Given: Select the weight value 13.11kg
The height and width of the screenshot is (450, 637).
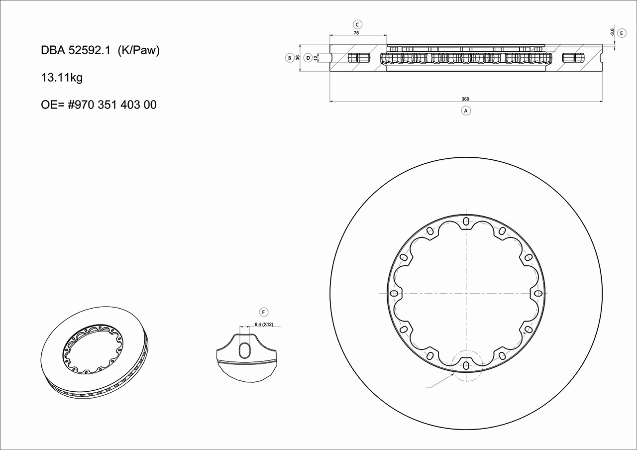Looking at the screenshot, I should [62, 78].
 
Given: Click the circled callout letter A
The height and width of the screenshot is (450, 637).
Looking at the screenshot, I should [466, 111].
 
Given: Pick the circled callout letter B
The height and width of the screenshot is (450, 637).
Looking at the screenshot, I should [289, 58].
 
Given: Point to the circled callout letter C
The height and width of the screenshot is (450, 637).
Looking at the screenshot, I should [357, 24].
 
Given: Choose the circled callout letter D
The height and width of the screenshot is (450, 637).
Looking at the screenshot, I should [308, 58].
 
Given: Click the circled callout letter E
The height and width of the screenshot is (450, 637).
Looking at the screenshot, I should [622, 33].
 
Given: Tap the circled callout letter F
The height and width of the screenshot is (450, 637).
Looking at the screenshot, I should [264, 312].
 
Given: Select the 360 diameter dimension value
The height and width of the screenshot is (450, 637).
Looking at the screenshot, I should [466, 99].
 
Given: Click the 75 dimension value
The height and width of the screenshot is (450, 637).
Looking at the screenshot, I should [357, 32].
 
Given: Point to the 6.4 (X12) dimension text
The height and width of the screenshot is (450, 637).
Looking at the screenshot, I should [264, 324].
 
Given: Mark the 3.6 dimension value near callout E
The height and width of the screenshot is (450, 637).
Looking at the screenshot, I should [612, 32].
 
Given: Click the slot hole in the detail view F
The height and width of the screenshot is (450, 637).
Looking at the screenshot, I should [246, 350].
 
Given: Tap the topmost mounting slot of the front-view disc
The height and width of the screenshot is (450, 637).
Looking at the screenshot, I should [466, 221].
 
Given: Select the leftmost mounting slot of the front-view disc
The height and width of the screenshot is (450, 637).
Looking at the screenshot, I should [393, 293].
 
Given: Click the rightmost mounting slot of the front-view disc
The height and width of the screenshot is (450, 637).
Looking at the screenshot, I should [538, 293].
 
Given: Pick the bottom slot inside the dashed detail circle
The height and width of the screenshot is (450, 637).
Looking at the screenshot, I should [466, 366].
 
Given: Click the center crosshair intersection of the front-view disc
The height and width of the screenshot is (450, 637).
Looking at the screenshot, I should [466, 293].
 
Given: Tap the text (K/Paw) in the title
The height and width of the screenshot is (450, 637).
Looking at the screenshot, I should [138, 51].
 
